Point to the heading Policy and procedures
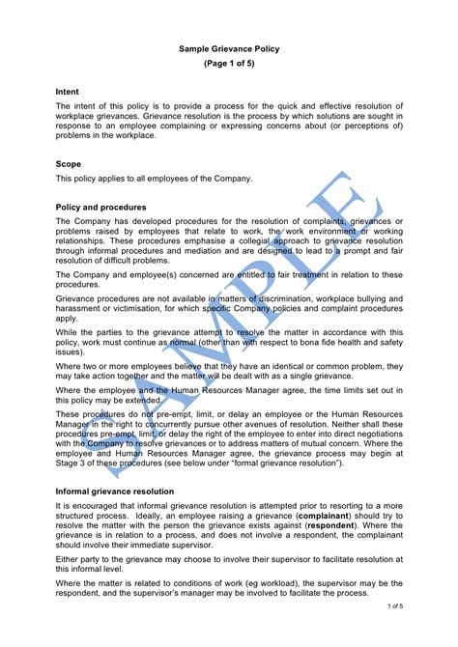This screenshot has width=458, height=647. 101,207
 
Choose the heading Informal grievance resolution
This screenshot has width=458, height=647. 114,492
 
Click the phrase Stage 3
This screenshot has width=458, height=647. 71,464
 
